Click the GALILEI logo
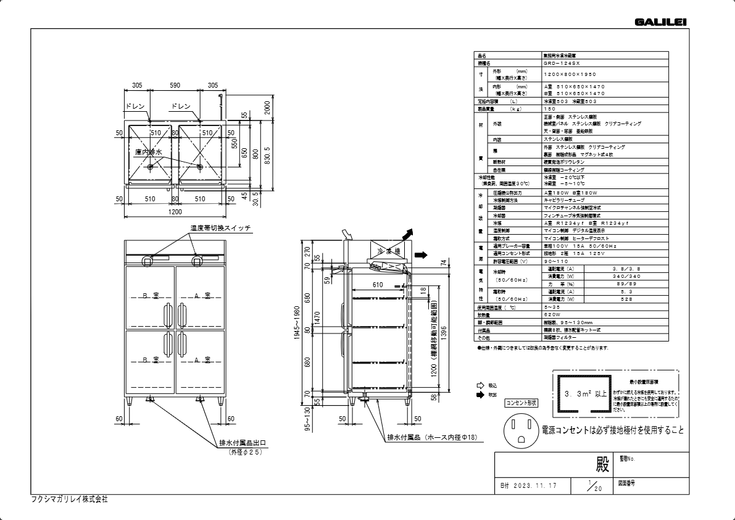pyautogui.click(x=660, y=22)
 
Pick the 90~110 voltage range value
pyautogui.click(x=554, y=261)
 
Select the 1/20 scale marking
pyautogui.click(x=593, y=485)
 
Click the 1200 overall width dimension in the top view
pyautogui.click(x=175, y=212)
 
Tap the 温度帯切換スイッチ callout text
pyautogui.click(x=220, y=229)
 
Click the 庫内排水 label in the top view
pyautogui.click(x=148, y=151)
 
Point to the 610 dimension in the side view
pyautogui.click(x=378, y=285)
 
